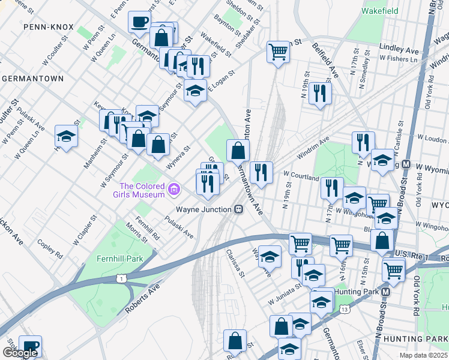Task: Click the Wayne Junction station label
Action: (203, 209)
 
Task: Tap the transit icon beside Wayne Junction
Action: (238, 209)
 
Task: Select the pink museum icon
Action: (174, 190)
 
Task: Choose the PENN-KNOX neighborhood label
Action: (48, 28)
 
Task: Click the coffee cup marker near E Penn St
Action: (139, 22)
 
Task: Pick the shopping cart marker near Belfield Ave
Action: (278, 52)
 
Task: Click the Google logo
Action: (20, 353)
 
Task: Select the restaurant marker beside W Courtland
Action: (262, 173)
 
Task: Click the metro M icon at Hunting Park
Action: (387, 292)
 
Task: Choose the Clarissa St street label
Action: (236, 265)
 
